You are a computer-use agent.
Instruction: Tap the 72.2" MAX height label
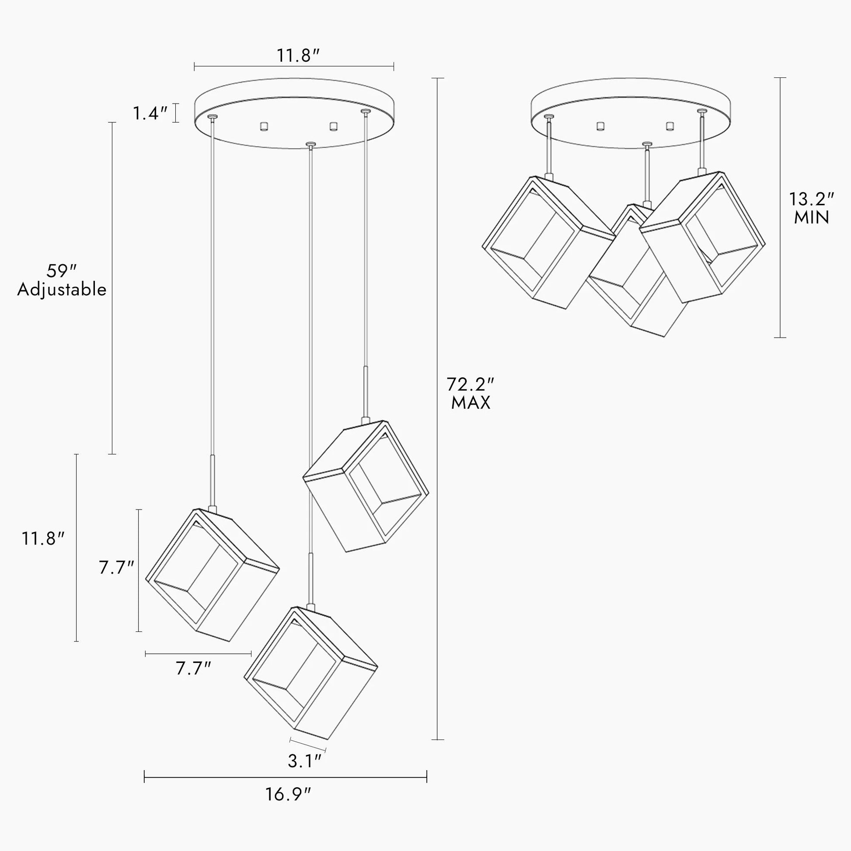[471, 393]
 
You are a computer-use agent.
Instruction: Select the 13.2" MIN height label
[811, 208]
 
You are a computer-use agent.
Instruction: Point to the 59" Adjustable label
[62, 280]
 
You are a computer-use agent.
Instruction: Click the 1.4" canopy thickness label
[150, 114]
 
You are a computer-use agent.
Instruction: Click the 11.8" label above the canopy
[298, 56]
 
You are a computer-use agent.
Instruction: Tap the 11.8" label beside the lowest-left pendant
[44, 538]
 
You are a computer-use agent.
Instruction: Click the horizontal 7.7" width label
[194, 669]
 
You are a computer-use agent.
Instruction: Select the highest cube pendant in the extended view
[366, 486]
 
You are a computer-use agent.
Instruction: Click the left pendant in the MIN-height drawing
[549, 242]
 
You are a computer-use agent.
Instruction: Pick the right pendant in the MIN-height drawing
[702, 237]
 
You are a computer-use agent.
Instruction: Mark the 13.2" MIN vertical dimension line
[780, 207]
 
